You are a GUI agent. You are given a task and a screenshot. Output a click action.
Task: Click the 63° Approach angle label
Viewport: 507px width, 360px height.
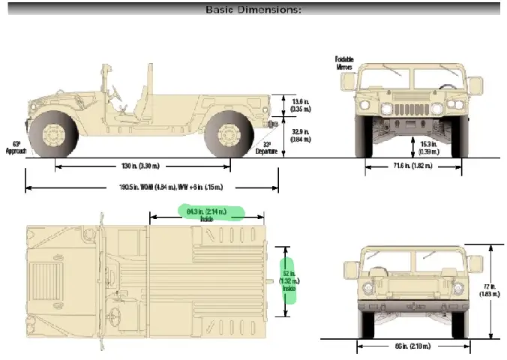(16, 147)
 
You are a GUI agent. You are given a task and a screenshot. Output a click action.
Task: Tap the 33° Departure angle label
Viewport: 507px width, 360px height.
(271, 148)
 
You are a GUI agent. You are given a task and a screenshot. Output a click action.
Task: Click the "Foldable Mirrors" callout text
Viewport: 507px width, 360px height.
(345, 62)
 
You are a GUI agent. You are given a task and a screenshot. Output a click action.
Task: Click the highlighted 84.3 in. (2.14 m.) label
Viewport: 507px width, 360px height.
(208, 214)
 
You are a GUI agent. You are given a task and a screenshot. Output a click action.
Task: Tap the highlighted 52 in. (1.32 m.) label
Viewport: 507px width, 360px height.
(287, 280)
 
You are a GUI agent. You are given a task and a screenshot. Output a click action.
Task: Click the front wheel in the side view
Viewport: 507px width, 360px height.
(53, 135)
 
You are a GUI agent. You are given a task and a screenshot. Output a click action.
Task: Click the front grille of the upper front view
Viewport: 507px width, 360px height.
(406, 104)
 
